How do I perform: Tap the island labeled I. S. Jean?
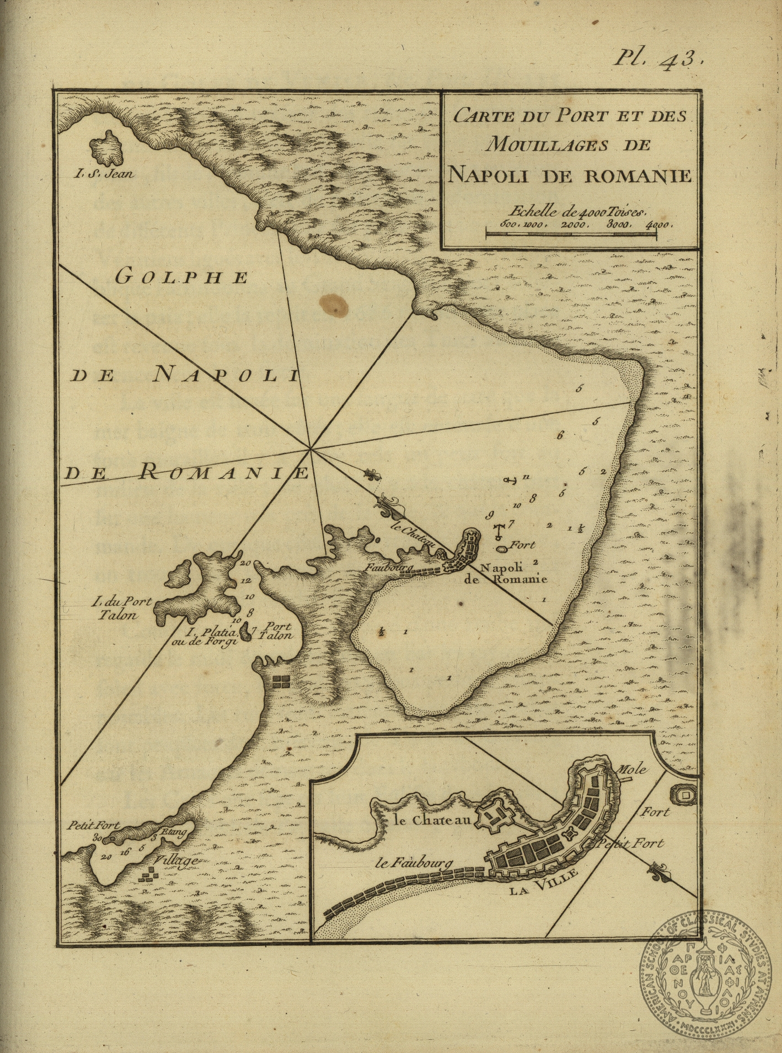pos(106,148)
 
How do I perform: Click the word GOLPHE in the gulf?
pos(182,277)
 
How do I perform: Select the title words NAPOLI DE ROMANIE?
pos(569,175)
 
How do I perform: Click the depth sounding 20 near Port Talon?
pos(245,563)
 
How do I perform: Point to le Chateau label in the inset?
pos(433,820)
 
